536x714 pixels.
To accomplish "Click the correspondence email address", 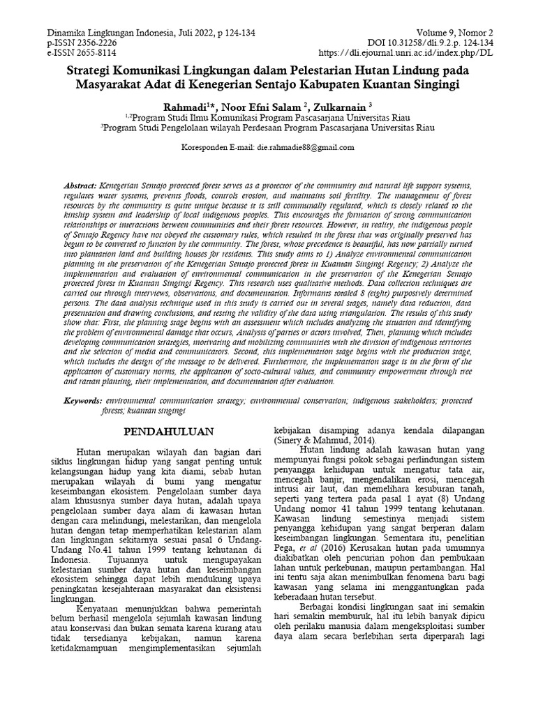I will coord(306,148).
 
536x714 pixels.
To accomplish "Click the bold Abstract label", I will coord(78,188).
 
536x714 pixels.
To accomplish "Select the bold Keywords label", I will coord(82,402).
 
